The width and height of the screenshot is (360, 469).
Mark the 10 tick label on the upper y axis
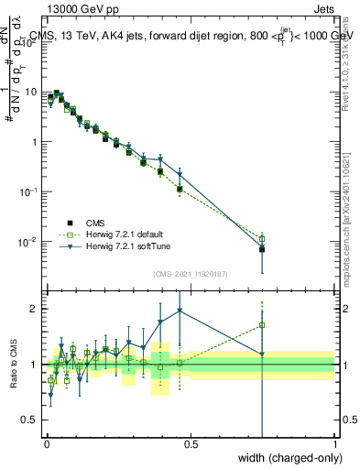click(x=31, y=92)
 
